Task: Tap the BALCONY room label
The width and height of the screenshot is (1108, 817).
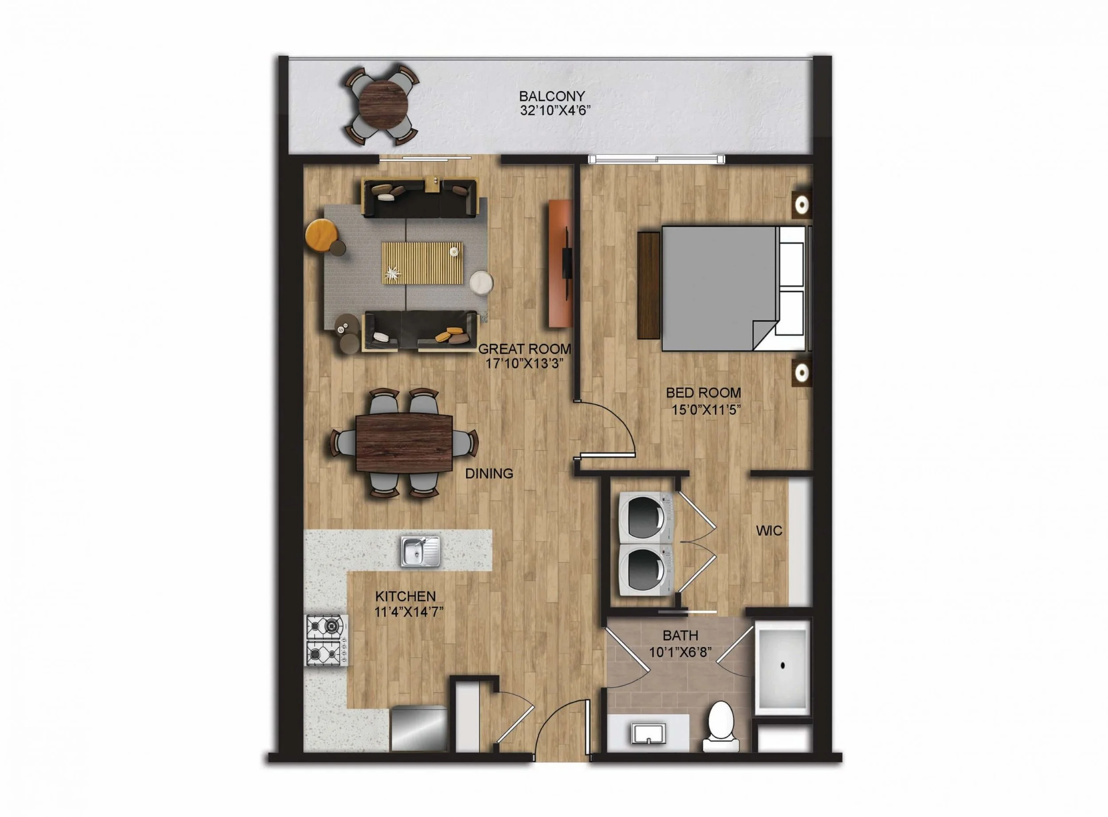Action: click(552, 96)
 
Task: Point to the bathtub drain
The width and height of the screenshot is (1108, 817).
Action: click(783, 666)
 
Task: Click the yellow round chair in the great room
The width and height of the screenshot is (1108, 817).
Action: click(321, 236)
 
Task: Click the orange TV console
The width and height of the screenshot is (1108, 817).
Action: click(560, 264)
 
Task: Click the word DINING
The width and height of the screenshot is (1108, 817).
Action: click(489, 474)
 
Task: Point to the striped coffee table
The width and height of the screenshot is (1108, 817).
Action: click(422, 263)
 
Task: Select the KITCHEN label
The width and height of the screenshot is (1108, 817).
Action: click(406, 596)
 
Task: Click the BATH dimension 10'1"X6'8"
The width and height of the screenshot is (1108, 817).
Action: click(680, 652)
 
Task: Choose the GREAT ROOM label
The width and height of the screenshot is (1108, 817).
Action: click(525, 349)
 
